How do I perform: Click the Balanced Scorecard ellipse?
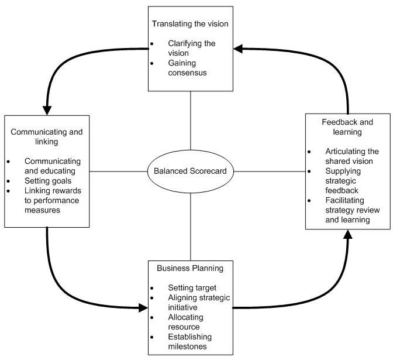pyautogui.click(x=190, y=172)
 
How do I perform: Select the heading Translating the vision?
pyautogui.click(x=190, y=24)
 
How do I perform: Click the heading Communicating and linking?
pyautogui.click(x=47, y=136)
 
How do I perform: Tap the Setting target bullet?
pyautogui.click(x=192, y=288)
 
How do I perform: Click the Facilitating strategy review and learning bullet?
pyautogui.click(x=349, y=210)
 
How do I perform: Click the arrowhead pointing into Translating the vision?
pyautogui.click(x=239, y=49)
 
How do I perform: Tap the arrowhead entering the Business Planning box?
pyautogui.click(x=143, y=307)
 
